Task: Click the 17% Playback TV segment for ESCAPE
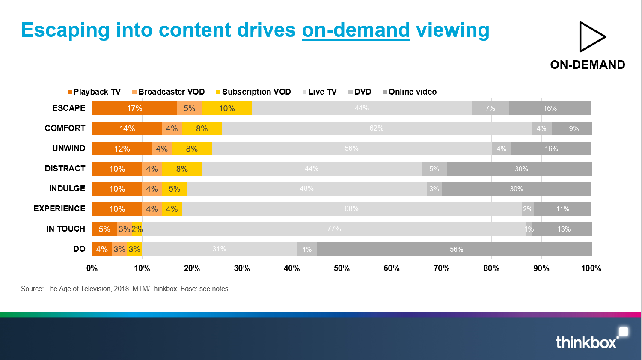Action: coord(134,108)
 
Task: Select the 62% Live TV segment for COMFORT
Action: coord(377,128)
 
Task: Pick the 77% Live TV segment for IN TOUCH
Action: coord(334,229)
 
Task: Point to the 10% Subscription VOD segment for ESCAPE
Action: coord(227,108)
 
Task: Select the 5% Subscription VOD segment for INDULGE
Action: coord(175,189)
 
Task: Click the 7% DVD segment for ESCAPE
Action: coord(490,108)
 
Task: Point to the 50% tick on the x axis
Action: coord(342,268)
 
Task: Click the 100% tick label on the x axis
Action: coord(591,268)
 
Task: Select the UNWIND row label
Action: coord(68,148)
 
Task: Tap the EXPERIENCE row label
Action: coord(59,208)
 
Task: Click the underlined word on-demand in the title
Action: coord(356,30)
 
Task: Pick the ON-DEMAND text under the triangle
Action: coord(588,65)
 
